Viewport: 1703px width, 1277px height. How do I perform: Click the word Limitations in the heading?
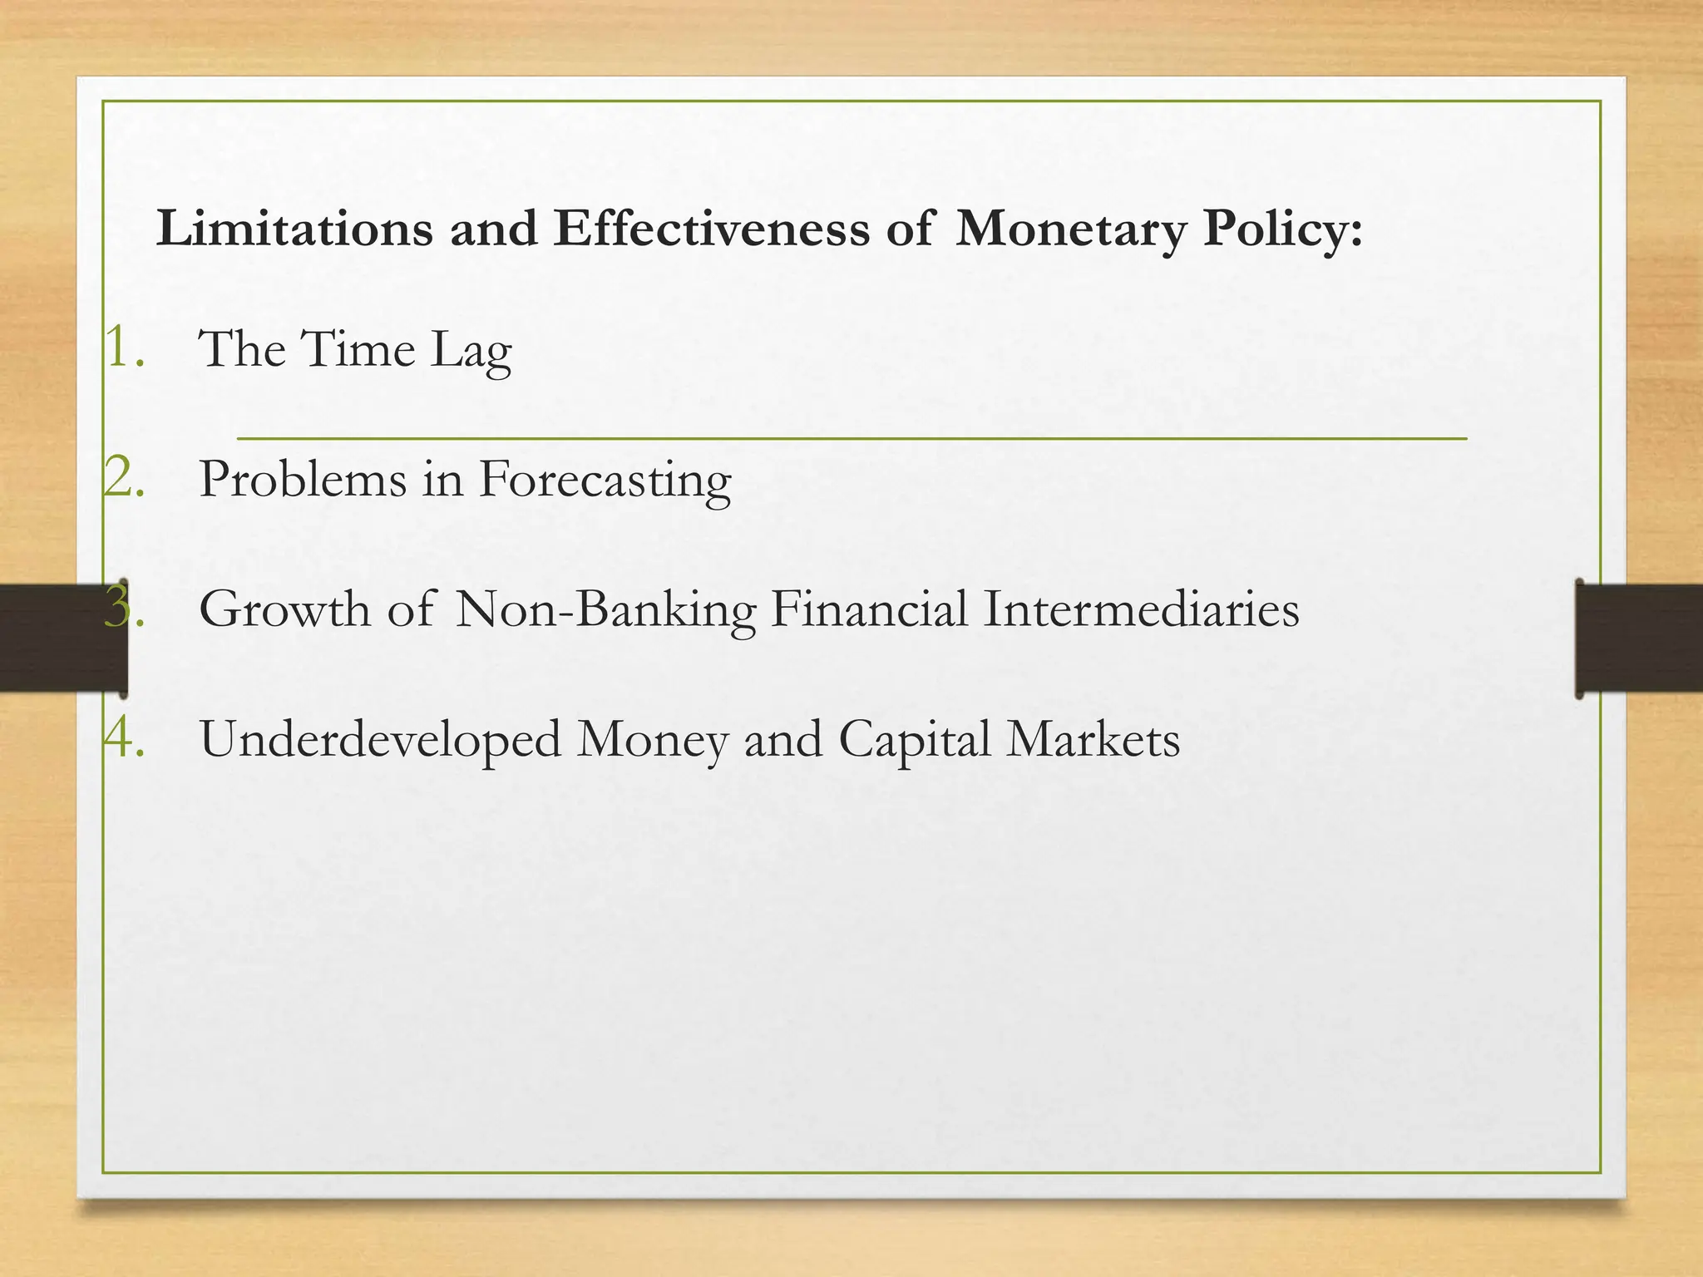(294, 229)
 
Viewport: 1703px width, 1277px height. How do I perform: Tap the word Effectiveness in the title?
(711, 229)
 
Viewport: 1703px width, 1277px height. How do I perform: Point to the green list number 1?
(125, 348)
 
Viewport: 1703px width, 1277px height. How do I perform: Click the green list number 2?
(125, 479)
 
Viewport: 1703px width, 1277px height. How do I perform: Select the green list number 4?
(125, 738)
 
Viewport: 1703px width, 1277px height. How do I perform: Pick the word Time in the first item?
(358, 348)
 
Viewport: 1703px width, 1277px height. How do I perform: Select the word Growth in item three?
(285, 609)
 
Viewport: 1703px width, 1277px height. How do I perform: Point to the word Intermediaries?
(1141, 609)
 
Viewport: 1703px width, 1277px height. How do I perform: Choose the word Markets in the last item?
(1093, 739)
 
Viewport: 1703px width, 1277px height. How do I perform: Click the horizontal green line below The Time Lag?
(851, 437)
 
